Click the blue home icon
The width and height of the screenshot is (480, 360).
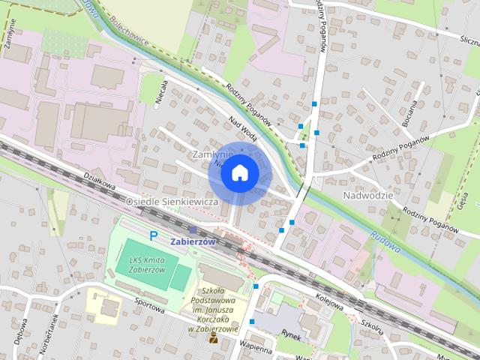tap(239, 172)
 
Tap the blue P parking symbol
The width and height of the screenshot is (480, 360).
tap(154, 235)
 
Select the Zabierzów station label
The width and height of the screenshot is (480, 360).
tap(193, 242)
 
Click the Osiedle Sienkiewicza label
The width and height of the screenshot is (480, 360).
tap(171, 202)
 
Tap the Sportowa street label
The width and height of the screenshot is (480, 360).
tap(150, 306)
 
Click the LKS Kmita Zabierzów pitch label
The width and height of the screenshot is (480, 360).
tap(145, 265)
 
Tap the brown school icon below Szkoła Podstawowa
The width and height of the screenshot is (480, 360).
tap(214, 338)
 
